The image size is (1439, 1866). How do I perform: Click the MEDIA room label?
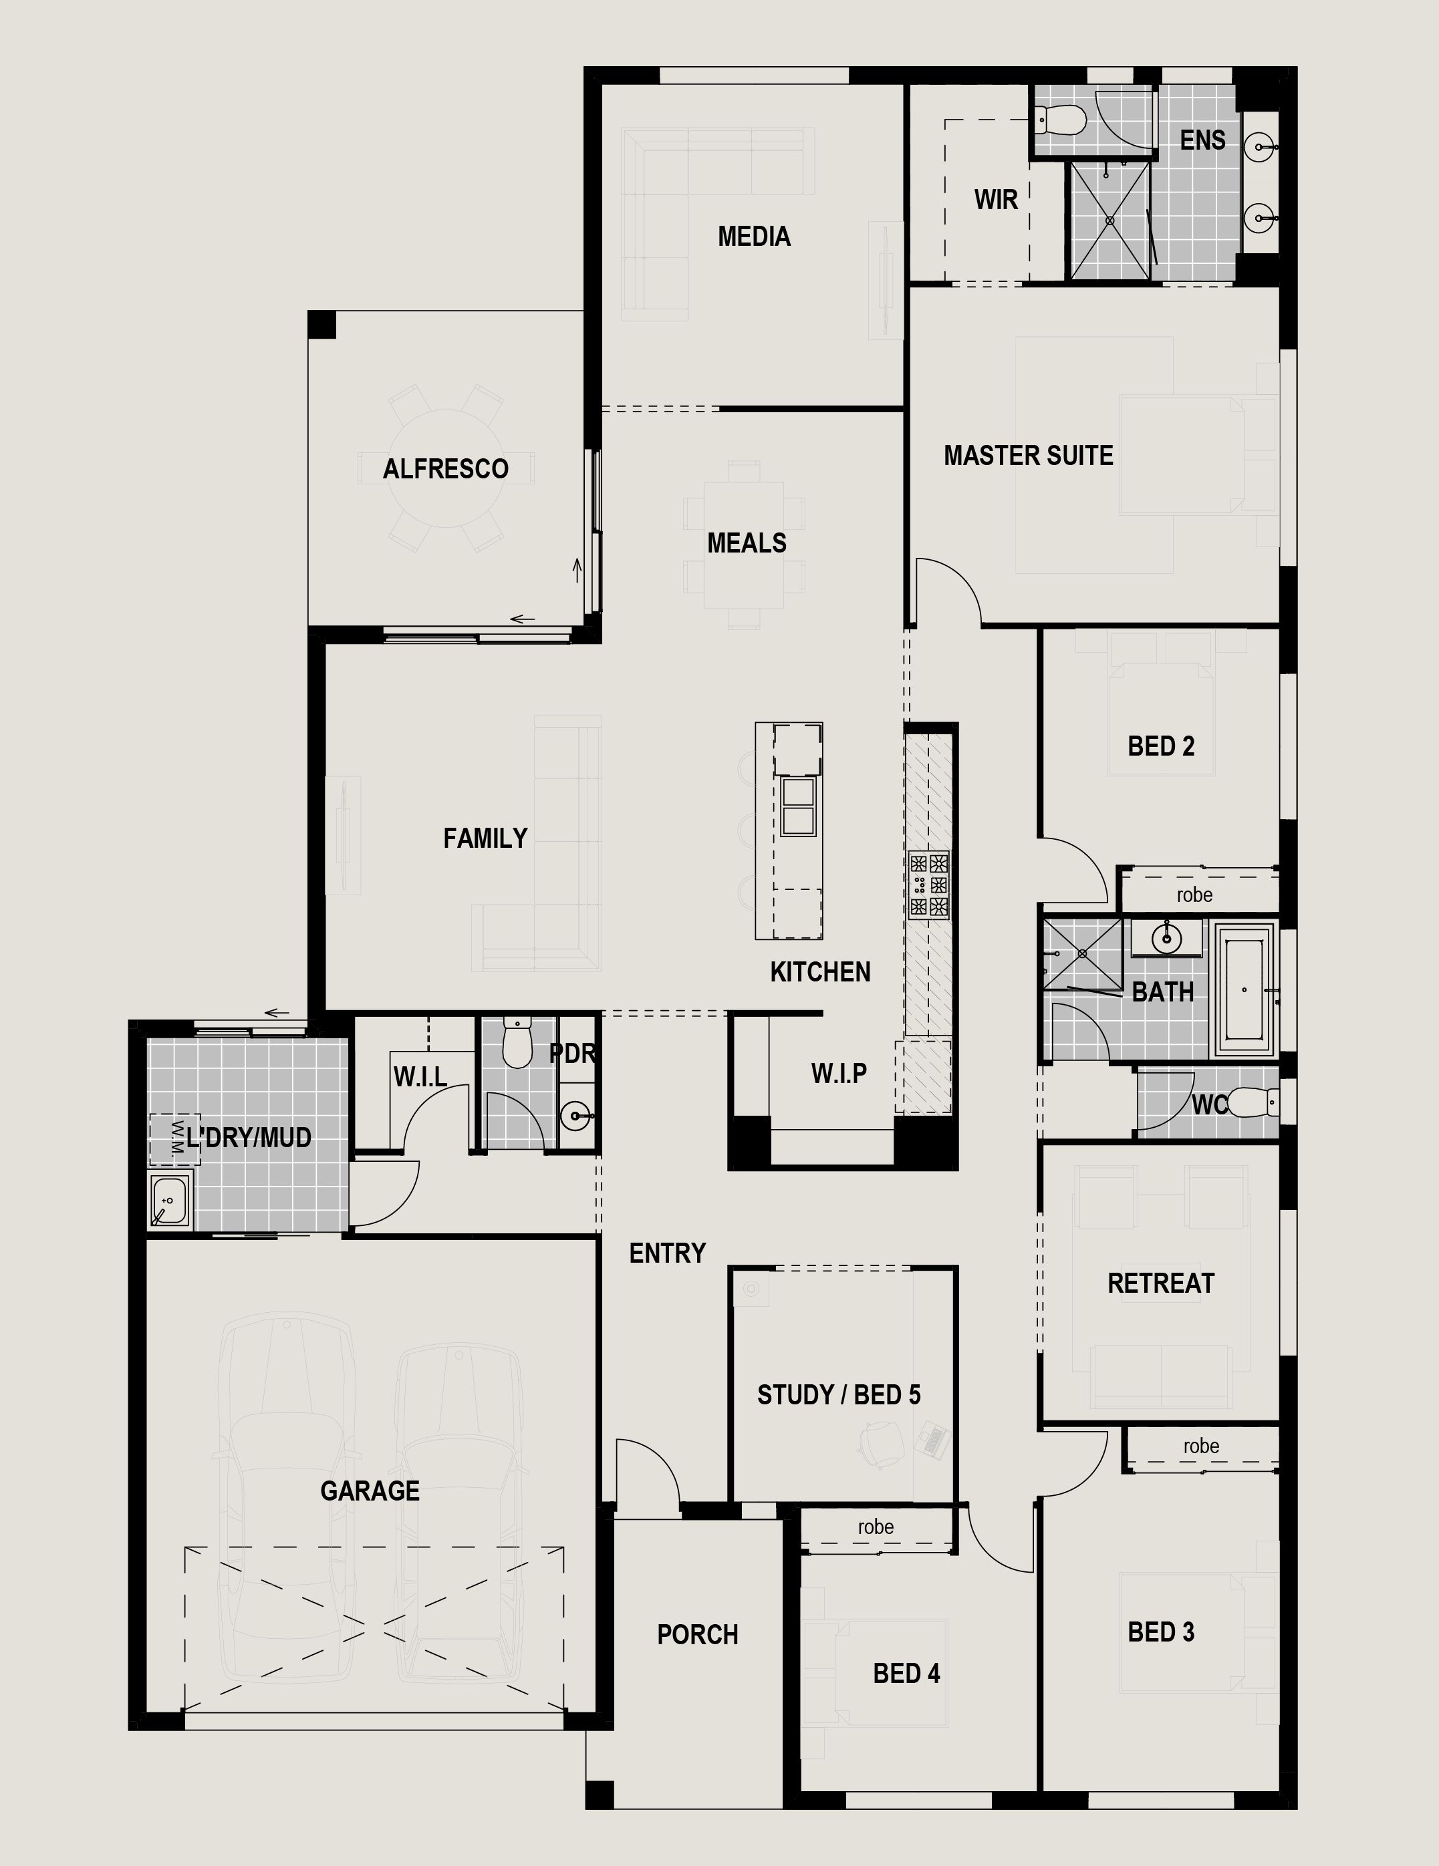coord(754,237)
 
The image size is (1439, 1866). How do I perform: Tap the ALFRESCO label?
coord(445,468)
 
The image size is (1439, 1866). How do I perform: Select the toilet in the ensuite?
coord(1061,120)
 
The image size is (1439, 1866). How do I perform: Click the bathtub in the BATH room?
coord(1245,990)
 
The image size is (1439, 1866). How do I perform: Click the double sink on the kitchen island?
coord(798,806)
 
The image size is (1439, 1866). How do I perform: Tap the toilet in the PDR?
coord(517,1042)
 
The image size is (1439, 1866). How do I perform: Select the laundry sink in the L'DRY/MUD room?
coord(170,1201)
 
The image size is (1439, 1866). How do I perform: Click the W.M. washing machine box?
coord(175,1139)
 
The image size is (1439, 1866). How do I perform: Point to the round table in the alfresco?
coord(445,468)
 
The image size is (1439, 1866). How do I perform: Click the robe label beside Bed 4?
coord(876,1526)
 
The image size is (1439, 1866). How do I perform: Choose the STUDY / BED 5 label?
coord(838,1395)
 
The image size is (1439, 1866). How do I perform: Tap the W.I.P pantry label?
coord(838,1073)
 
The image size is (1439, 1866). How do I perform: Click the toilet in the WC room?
coord(1249,1103)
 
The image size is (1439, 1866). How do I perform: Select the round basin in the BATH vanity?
coord(1166,939)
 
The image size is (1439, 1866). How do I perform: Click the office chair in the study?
coord(881,1443)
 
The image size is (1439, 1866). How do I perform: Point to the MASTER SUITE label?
coord(1028,456)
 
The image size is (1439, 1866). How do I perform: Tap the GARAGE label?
coord(370,1491)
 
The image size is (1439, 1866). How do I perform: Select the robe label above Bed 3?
coord(1200,1446)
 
